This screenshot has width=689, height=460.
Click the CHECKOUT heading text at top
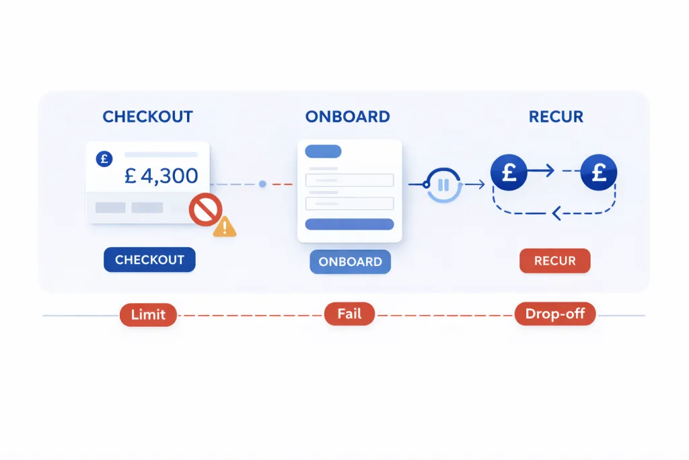147,117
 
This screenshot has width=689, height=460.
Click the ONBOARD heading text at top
347,117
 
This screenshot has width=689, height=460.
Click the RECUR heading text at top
556,117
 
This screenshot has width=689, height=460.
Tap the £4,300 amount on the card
161,176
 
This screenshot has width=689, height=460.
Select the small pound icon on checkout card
104,160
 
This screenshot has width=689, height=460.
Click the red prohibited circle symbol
205,209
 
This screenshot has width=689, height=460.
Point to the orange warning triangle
225,227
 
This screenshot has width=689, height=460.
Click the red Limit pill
148,315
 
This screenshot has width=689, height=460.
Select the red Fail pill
349,314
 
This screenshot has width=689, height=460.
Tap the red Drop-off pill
555,314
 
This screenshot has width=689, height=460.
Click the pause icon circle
444,184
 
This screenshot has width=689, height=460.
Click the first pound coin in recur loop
509,172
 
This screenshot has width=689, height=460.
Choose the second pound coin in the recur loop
598,172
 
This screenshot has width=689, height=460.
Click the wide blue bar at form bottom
349,224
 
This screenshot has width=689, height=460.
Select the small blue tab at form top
323,151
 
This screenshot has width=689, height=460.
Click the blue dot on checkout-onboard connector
262,184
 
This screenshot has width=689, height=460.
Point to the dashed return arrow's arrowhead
556,214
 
